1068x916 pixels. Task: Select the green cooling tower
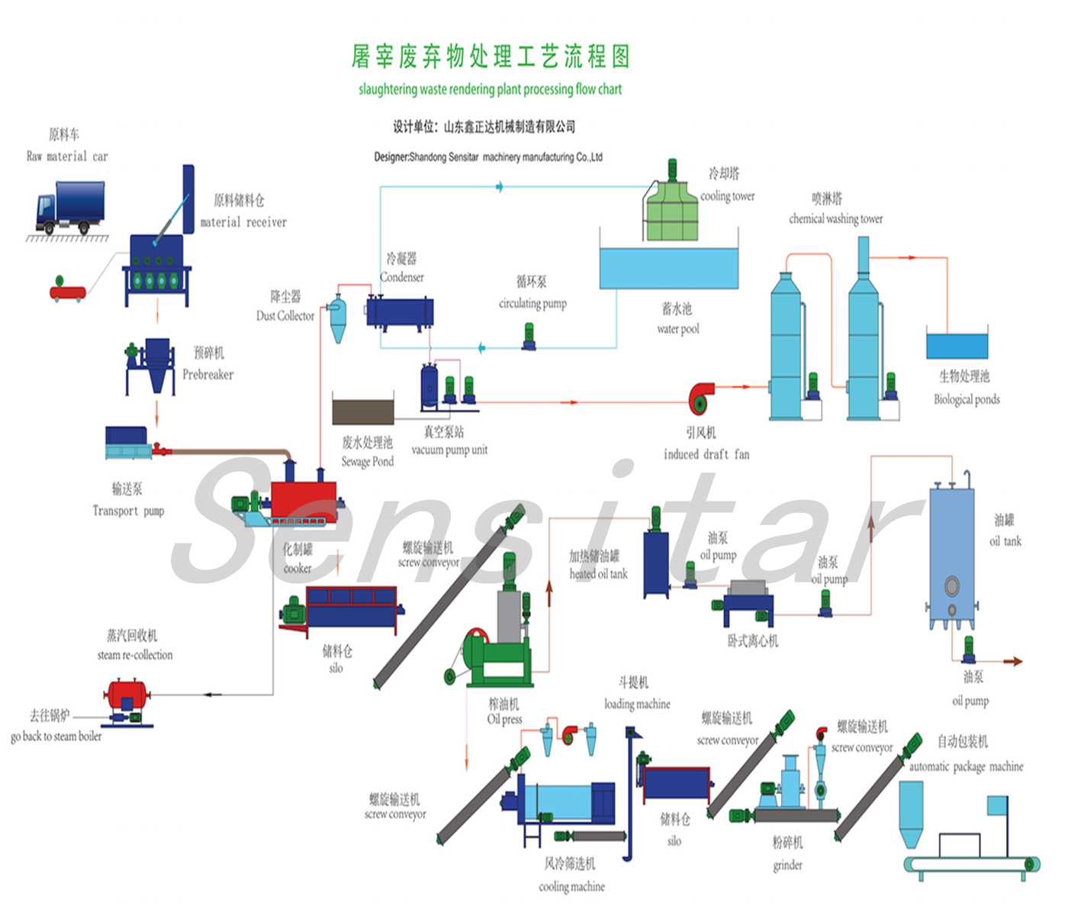coord(671,210)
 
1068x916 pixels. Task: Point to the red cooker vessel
coord(304,500)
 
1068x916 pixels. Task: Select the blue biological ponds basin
coord(957,345)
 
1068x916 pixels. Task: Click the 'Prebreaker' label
coord(207,375)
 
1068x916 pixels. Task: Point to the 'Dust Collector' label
coord(285,316)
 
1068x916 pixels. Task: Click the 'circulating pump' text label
coord(532,303)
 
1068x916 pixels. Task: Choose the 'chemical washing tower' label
coord(835,219)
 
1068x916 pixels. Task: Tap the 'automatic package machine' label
coord(966,766)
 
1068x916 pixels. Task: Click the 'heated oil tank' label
coord(598,574)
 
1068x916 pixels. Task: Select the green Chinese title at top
coord(491,56)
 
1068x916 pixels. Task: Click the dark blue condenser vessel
coord(400,312)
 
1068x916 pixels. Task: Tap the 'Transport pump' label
coord(128,511)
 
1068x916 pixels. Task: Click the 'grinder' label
coord(787,865)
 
